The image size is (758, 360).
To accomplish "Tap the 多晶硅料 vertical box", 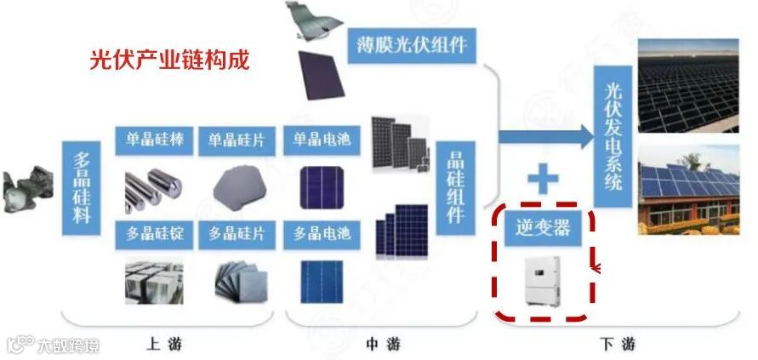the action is pos(81,187).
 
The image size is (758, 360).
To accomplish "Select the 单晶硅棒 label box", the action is pos(152,140).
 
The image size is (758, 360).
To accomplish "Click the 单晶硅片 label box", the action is pos(235,140).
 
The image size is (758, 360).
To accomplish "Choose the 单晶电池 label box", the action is pos(322,140).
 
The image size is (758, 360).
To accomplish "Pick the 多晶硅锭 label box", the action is pos(152,232).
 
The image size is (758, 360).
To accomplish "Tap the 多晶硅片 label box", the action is pos(235,232).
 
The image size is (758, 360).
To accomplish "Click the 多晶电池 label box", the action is pos(322,232).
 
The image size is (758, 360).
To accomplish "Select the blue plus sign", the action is pos(542,180).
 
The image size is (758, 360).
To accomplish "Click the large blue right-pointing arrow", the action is pos(544,136).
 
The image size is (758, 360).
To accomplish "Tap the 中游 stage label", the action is pos(383,345).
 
